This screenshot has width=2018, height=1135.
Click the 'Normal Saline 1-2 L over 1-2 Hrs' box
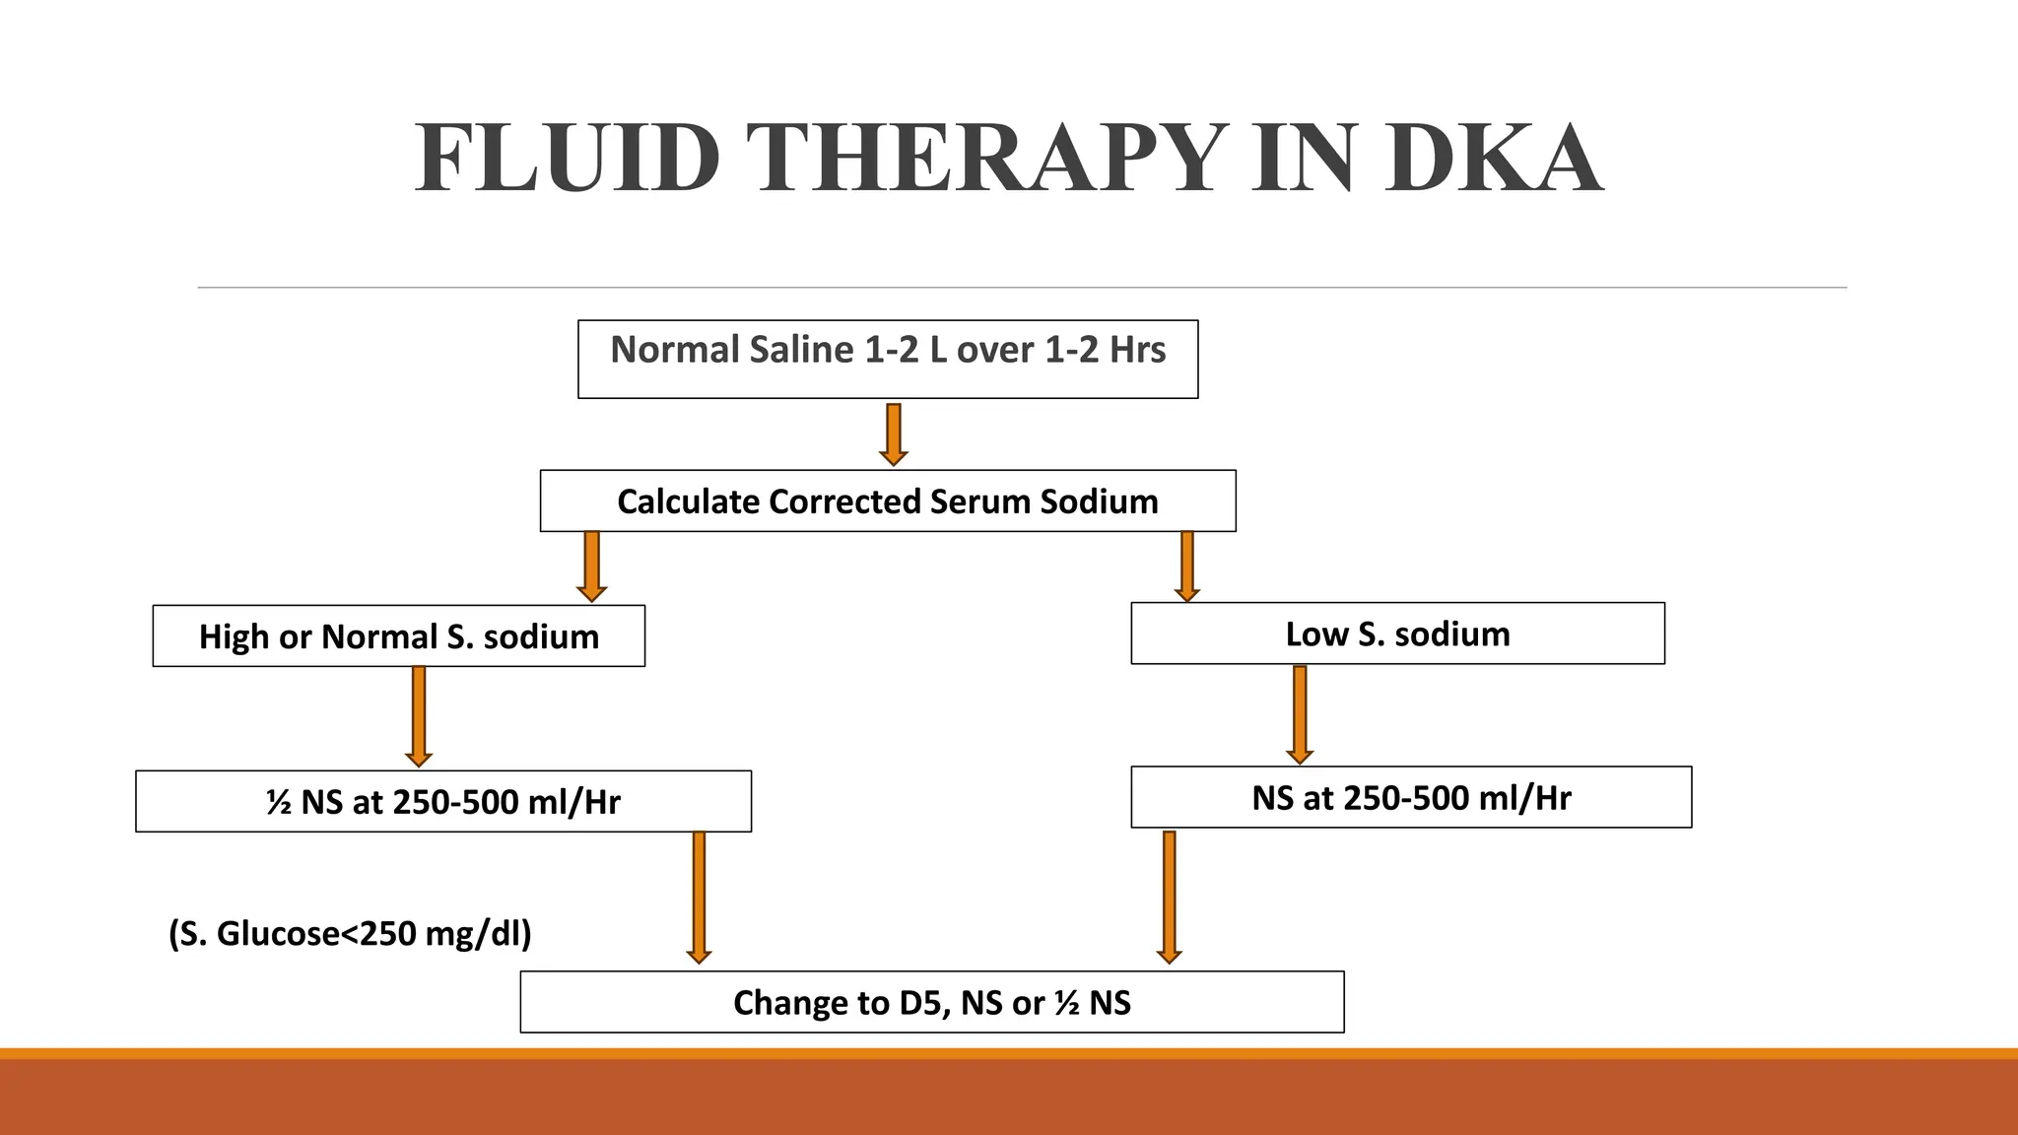click(x=888, y=359)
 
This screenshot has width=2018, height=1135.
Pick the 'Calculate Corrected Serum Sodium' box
click(x=888, y=501)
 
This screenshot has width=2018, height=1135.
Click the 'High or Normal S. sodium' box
click(x=399, y=636)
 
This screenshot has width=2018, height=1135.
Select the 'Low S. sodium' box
click(x=1397, y=634)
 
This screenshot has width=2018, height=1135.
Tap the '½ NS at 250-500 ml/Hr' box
click(x=443, y=801)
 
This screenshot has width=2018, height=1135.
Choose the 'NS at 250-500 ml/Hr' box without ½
click(x=1411, y=797)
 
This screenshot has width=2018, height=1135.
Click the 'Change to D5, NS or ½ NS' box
click(x=932, y=1002)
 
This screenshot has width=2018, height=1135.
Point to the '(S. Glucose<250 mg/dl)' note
click(x=350, y=933)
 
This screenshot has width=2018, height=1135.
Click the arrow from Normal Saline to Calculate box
click(x=894, y=434)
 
